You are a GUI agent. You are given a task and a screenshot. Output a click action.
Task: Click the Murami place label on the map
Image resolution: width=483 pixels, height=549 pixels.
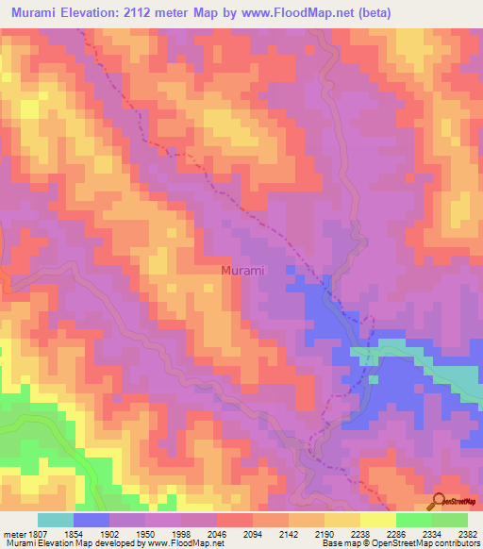pyautogui.click(x=242, y=270)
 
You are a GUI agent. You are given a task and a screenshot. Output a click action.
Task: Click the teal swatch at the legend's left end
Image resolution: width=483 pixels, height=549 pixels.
pyautogui.click(x=56, y=520)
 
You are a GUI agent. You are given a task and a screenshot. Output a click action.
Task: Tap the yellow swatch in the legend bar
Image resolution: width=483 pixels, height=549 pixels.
pyautogui.click(x=377, y=520)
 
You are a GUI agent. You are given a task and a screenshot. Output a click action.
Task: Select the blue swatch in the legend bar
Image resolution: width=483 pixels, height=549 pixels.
pyautogui.click(x=92, y=520)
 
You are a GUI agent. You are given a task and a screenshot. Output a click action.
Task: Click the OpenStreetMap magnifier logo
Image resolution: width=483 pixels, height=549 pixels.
pyautogui.click(x=440, y=502)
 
